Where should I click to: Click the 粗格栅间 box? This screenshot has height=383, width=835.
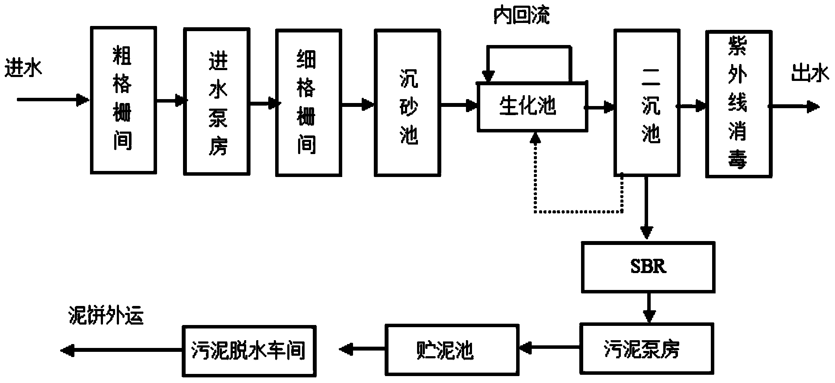(x=123, y=100)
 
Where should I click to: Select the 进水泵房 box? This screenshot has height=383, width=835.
(x=217, y=101)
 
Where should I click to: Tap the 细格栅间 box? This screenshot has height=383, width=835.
(x=309, y=103)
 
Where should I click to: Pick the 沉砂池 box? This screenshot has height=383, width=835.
(x=408, y=103)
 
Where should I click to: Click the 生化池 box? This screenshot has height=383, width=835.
(x=532, y=106)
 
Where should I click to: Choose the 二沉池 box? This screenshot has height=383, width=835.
(x=646, y=103)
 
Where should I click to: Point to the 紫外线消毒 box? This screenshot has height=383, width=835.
(x=739, y=103)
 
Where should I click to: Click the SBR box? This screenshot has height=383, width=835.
(x=648, y=267)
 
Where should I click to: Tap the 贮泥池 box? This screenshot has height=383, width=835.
(x=446, y=350)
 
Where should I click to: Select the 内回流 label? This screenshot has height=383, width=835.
(x=522, y=16)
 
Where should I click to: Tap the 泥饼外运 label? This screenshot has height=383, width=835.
(x=106, y=316)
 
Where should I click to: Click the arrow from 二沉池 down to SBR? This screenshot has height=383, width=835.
(x=647, y=207)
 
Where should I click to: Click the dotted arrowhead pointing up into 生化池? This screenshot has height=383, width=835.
(x=536, y=138)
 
